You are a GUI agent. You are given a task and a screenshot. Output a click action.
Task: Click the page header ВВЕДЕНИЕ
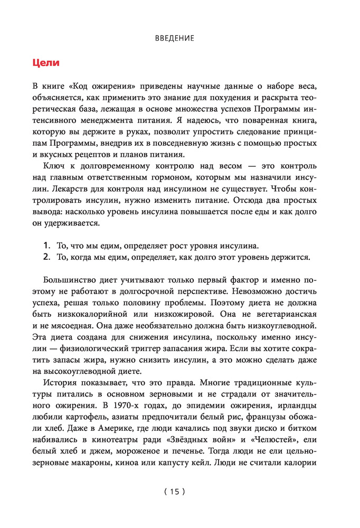[x=175, y=39]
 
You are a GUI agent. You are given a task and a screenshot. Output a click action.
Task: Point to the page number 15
[x=175, y=492]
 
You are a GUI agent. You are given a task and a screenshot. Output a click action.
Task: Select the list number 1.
[x=46, y=246]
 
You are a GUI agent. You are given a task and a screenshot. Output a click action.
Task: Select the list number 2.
[x=46, y=257]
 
